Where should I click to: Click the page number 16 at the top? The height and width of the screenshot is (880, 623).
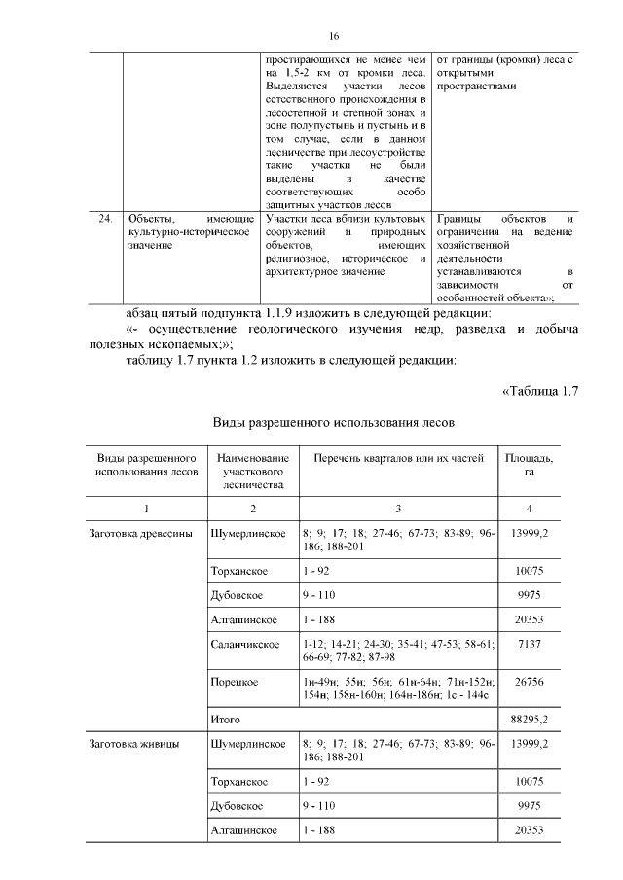pos(333,37)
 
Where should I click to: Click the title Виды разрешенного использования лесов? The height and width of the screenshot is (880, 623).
pos(333,423)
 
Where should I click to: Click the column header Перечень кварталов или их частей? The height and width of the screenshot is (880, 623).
pos(398,457)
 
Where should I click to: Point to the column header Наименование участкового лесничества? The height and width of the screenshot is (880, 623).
pos(253,470)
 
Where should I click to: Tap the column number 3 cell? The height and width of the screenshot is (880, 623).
pos(398,509)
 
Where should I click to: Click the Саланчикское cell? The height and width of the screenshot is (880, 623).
pos(244,645)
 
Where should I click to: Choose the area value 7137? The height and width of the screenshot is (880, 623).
pos(530,645)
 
